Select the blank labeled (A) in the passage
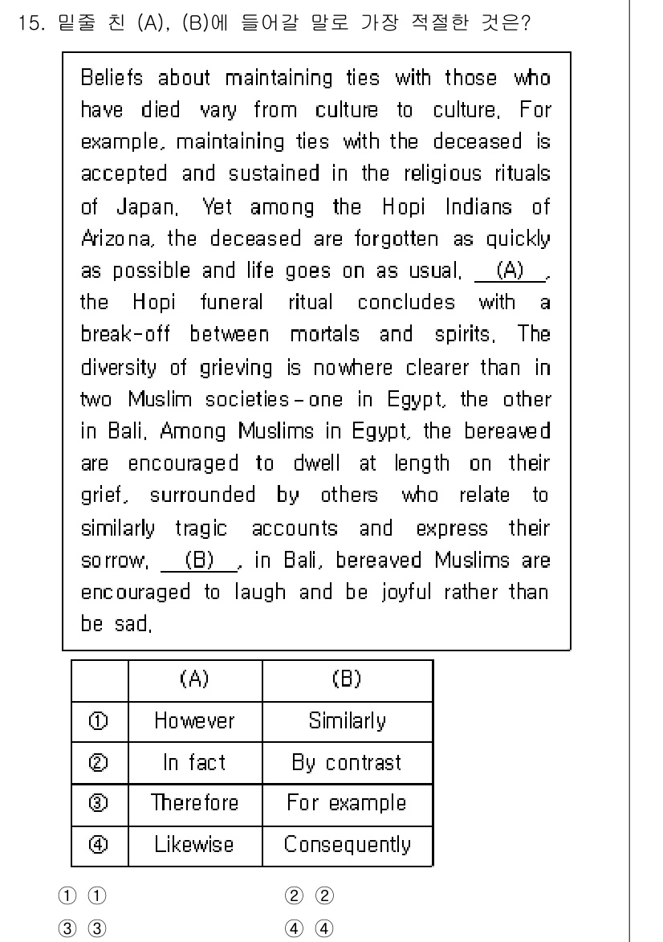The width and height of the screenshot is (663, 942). (x=510, y=271)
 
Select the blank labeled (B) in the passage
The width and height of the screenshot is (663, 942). (x=198, y=560)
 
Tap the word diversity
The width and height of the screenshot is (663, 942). (x=120, y=367)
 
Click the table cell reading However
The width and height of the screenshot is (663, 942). (x=195, y=720)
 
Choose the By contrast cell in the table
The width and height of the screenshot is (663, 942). (x=347, y=762)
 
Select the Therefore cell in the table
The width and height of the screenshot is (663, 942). (x=195, y=803)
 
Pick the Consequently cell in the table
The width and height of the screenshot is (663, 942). (x=347, y=844)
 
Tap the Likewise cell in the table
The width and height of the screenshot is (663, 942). (x=195, y=844)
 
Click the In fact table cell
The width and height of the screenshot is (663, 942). (x=195, y=762)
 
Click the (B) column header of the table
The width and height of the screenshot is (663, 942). (x=347, y=679)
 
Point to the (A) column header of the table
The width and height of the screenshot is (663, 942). (x=195, y=679)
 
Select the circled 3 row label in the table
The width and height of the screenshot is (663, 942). (x=99, y=803)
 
